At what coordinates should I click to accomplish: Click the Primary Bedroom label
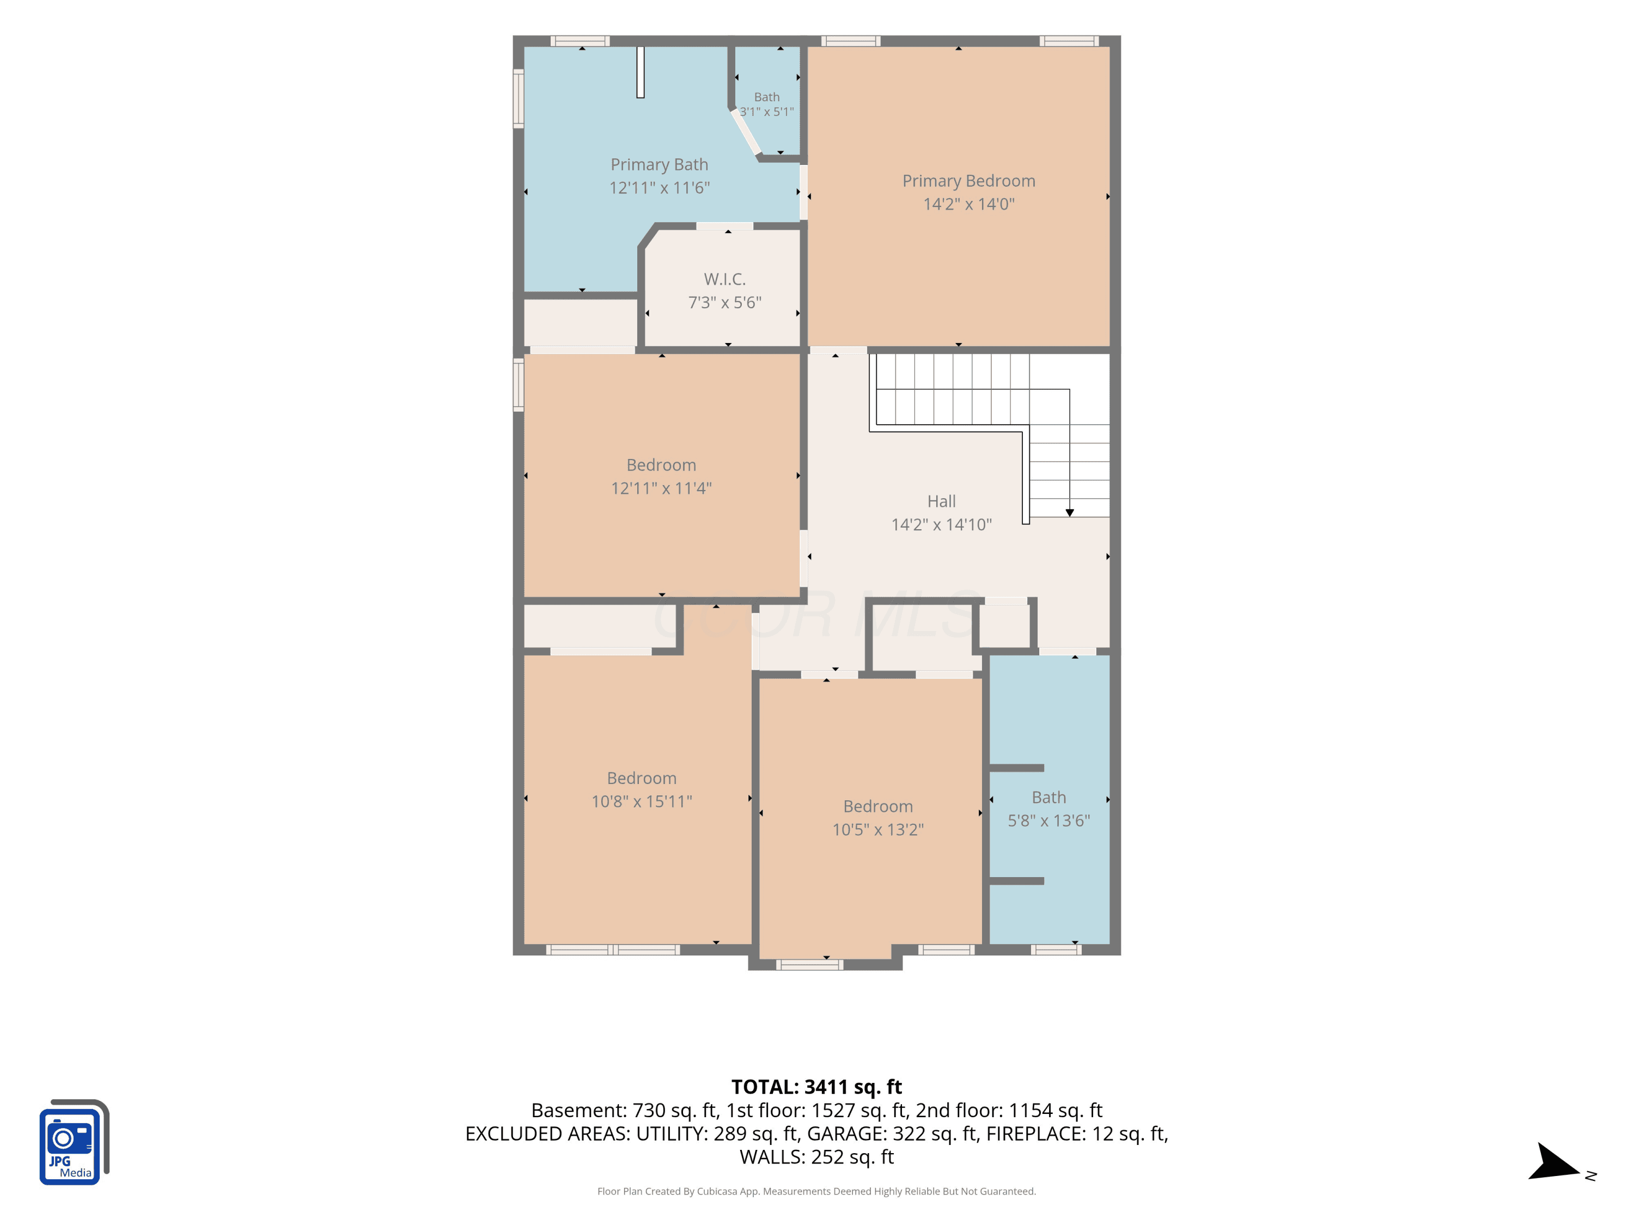pyautogui.click(x=968, y=181)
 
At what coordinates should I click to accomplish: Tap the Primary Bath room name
pyautogui.click(x=659, y=164)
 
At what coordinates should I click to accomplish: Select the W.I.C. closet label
pyautogui.click(x=724, y=279)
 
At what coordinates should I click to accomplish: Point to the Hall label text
pyautogui.click(x=941, y=501)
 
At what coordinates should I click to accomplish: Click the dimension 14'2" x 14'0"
pyautogui.click(x=968, y=204)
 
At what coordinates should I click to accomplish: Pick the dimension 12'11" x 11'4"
pyautogui.click(x=661, y=488)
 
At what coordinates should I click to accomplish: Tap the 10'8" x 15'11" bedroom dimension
pyautogui.click(x=641, y=801)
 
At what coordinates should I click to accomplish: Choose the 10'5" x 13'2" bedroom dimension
pyautogui.click(x=877, y=829)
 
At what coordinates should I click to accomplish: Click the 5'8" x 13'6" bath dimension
pyautogui.click(x=1048, y=820)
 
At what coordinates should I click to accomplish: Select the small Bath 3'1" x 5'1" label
pyautogui.click(x=767, y=104)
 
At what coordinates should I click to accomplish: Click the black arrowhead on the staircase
pyautogui.click(x=1070, y=512)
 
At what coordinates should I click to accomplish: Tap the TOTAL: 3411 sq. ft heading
pyautogui.click(x=816, y=1087)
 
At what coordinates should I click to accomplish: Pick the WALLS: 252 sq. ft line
pyautogui.click(x=816, y=1157)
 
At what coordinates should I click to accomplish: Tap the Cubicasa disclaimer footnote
pyautogui.click(x=816, y=1191)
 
